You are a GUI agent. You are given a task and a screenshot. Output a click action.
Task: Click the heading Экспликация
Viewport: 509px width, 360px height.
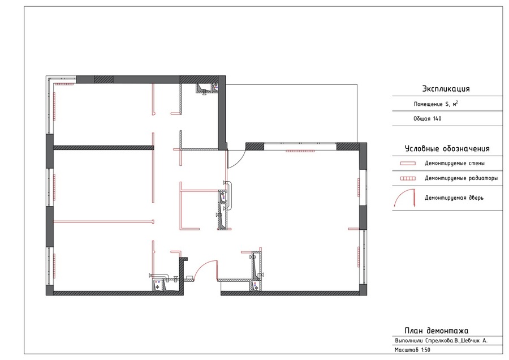click(446, 89)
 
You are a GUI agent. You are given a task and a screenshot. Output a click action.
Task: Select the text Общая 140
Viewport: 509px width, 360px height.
click(427, 119)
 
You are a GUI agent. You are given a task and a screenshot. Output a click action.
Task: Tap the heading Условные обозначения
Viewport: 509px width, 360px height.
click(447, 149)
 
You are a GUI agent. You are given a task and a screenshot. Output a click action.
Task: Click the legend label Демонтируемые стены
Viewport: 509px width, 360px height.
click(455, 163)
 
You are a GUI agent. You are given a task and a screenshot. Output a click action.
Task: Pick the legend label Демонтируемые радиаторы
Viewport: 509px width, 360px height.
click(461, 178)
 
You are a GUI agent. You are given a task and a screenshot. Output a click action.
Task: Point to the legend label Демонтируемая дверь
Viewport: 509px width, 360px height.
click(454, 198)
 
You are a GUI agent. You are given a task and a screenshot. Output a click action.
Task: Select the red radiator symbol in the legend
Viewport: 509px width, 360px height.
click(408, 178)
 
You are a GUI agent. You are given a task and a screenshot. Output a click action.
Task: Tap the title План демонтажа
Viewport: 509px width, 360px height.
click(436, 331)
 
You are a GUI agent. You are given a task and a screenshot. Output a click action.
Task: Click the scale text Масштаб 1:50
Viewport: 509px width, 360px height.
click(412, 350)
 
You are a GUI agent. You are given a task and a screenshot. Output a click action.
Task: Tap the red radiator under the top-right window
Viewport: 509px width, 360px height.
click(300, 151)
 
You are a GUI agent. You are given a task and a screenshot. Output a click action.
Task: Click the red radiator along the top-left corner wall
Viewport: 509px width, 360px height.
click(64, 84)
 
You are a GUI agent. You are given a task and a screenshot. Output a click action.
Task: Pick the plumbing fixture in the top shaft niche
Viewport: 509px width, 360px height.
click(204, 89)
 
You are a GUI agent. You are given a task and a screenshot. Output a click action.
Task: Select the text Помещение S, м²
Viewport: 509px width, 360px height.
click(435, 104)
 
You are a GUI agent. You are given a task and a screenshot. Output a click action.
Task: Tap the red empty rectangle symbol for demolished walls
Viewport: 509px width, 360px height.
click(408, 164)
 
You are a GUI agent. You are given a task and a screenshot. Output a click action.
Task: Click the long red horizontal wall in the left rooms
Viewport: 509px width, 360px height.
click(103, 222)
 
